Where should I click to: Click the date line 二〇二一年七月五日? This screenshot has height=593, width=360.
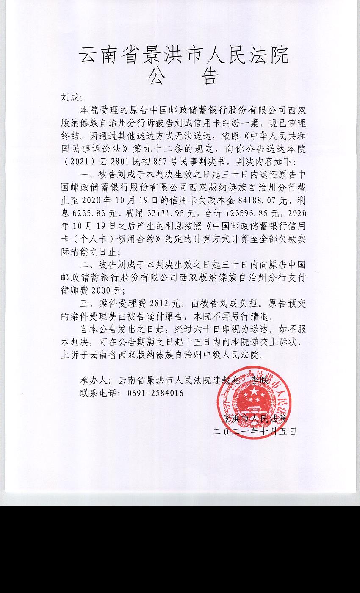click(x=255, y=432)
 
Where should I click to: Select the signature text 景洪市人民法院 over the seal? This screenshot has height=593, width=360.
click(x=255, y=419)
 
